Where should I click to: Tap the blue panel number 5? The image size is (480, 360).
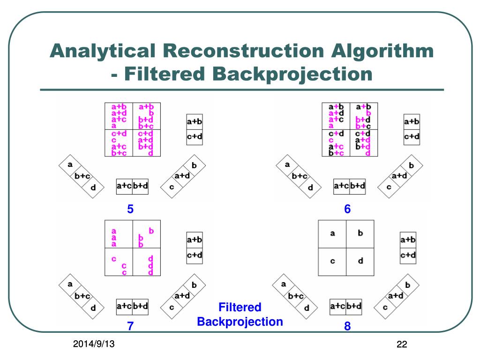click(131, 210)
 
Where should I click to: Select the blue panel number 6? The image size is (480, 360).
click(347, 210)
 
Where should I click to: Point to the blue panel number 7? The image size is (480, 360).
click(131, 327)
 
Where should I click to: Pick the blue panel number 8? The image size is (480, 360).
click(347, 327)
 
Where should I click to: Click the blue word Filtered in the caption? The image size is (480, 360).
click(240, 307)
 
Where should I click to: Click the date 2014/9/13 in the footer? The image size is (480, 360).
click(94, 345)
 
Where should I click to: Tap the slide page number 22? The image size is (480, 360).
click(401, 345)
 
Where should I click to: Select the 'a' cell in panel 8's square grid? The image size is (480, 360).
click(332, 233)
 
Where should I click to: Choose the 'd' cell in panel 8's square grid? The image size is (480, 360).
click(360, 261)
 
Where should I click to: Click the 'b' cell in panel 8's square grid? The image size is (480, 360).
click(360, 233)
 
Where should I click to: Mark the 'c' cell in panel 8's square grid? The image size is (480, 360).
click(332, 261)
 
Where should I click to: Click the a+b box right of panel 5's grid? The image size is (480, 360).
click(195, 122)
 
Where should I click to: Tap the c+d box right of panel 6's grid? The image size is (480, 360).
click(412, 137)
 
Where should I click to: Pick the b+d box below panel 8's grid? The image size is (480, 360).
click(354, 307)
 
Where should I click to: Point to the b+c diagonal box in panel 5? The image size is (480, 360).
click(82, 176)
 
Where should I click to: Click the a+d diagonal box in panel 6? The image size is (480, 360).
click(399, 176)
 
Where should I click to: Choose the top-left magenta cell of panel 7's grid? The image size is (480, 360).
click(119, 234)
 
